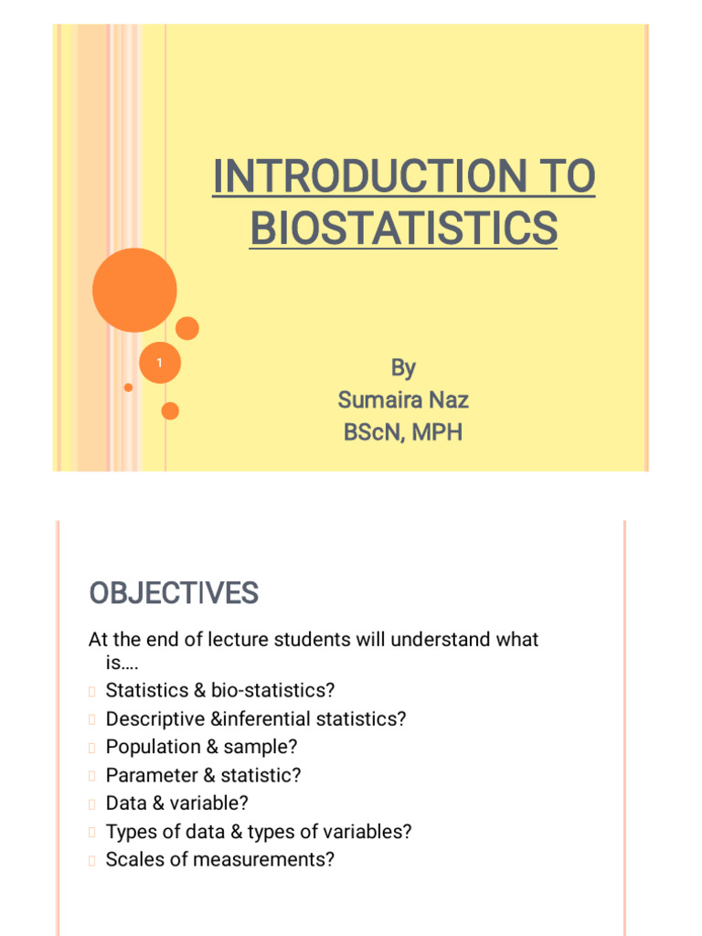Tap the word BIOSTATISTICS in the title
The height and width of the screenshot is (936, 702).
(x=403, y=228)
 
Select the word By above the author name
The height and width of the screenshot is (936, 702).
(x=403, y=368)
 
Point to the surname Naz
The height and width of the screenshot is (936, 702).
(x=448, y=400)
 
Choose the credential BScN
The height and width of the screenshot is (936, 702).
(x=373, y=432)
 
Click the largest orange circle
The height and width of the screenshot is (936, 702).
(x=134, y=290)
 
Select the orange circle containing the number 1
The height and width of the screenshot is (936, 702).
(x=159, y=364)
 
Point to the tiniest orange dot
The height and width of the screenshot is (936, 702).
(x=128, y=388)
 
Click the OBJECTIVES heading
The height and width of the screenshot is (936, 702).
(x=174, y=594)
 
